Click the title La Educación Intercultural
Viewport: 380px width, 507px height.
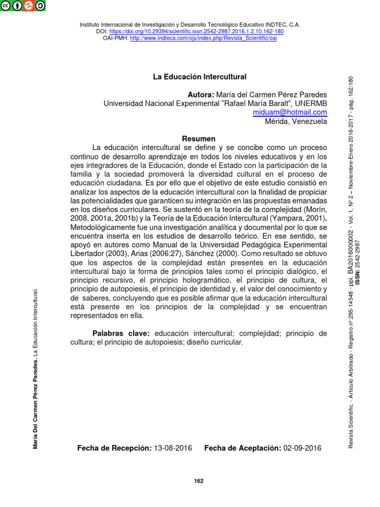click(199, 77)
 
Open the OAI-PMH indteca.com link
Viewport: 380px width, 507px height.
click(203, 39)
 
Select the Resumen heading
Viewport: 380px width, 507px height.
click(198, 139)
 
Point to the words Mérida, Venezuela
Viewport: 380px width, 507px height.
click(296, 121)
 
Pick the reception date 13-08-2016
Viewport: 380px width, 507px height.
click(173, 448)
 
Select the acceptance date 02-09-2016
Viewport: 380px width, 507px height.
click(302, 448)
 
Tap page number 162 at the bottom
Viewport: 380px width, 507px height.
click(198, 481)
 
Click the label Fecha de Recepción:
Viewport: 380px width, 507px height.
click(114, 448)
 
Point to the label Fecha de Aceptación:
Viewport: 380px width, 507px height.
click(242, 448)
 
